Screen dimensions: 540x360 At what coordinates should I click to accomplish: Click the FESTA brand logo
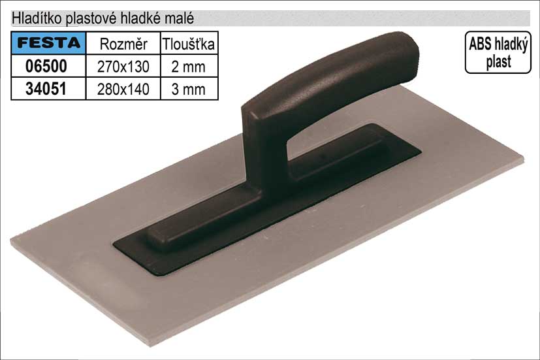pos(48,42)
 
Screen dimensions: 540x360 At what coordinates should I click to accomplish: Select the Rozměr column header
pos(123,44)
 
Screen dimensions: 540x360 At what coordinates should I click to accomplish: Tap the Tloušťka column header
pos(189,44)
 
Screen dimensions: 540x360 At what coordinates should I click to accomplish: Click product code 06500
pos(46,66)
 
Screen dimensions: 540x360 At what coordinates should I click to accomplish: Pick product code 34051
pos(46,89)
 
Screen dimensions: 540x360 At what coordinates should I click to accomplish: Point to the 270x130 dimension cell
pos(123,67)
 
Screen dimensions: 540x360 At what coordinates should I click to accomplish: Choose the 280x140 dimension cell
pos(123,90)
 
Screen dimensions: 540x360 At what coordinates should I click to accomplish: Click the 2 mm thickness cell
pos(189,67)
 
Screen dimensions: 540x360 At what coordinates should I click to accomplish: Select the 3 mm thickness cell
pos(189,90)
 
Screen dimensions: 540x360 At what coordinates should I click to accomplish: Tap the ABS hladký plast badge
pos(498,52)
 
